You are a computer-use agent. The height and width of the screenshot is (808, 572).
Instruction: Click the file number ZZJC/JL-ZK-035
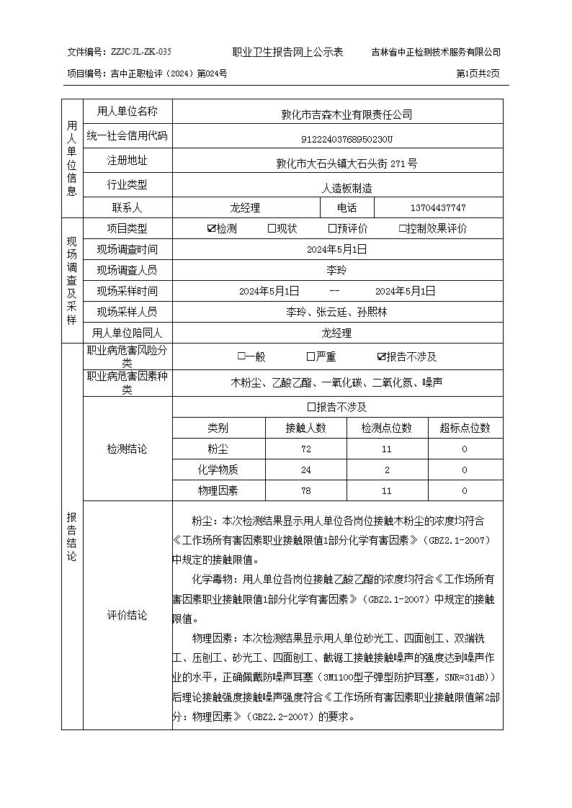pos(141,53)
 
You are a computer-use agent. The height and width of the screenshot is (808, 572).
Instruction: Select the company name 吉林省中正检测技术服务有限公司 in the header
pos(436,53)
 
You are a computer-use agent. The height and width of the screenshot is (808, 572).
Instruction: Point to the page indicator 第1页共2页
pos(478,73)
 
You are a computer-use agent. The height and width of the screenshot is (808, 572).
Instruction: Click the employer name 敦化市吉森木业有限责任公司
pos(336,114)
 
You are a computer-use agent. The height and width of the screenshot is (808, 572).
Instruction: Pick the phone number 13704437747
pos(438,208)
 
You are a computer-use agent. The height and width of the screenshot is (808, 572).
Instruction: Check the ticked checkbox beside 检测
pos(211,229)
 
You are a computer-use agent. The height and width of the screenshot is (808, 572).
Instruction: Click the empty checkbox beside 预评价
pos(332,229)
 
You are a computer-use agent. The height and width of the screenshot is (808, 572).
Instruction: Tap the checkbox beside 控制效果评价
pos(403,229)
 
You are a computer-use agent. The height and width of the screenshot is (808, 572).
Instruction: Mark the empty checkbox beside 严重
pos(310,356)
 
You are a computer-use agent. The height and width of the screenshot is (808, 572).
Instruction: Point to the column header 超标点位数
pos(465,428)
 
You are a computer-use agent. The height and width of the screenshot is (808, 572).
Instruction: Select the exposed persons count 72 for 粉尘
pos(306,449)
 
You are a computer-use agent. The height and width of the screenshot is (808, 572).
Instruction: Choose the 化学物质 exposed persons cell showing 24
pos(306,470)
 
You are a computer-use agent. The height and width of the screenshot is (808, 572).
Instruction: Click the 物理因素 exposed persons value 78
pos(306,491)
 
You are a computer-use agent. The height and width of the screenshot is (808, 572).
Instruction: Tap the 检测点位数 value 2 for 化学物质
pos(387,470)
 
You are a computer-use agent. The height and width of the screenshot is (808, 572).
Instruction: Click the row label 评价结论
pos(127,616)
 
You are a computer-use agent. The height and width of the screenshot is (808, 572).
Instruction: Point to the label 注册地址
pos(127,160)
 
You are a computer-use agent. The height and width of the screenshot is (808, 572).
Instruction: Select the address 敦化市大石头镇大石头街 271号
pos(336,163)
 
